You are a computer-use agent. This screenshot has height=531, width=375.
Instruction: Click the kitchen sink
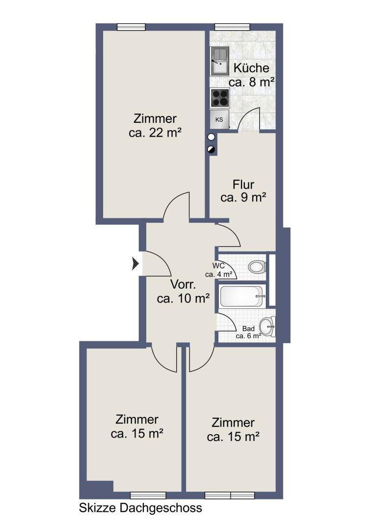click(x=220, y=61)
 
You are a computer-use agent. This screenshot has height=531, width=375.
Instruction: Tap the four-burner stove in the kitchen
click(x=219, y=98)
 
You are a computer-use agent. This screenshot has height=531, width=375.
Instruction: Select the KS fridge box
click(x=219, y=119)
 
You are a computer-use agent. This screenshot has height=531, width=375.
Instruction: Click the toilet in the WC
click(x=258, y=267)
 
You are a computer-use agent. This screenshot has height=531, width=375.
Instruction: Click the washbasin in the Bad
click(x=268, y=327)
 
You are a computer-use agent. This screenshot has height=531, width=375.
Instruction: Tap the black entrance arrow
click(x=135, y=263)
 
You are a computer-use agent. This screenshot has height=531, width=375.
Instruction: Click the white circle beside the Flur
click(x=212, y=137)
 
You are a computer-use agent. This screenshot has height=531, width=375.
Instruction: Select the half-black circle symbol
click(x=212, y=149)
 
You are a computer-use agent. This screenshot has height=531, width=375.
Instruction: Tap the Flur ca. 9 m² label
click(x=243, y=191)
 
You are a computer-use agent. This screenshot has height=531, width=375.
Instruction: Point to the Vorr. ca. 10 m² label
click(x=183, y=291)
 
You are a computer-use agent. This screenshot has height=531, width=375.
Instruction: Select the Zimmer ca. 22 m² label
click(x=155, y=126)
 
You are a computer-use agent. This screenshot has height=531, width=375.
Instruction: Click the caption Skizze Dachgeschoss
click(x=140, y=508)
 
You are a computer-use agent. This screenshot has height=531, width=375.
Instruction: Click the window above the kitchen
click(x=232, y=27)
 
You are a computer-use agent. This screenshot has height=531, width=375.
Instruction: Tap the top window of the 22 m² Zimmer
click(x=131, y=27)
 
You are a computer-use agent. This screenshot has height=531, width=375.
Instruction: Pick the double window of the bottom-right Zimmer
click(x=230, y=496)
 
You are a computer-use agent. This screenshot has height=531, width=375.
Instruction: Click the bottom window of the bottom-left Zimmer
click(x=148, y=496)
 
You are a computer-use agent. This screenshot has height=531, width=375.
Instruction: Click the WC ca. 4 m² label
click(x=218, y=270)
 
